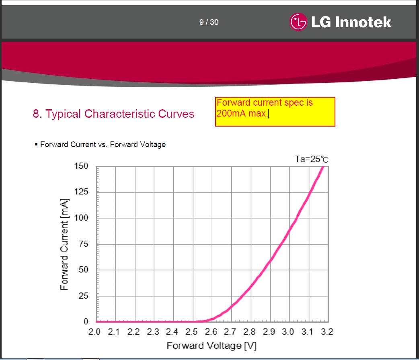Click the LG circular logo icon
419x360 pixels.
click(298, 22)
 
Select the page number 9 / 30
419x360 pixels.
click(209, 22)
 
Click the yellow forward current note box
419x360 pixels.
click(275, 112)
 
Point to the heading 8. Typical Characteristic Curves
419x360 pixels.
click(113, 114)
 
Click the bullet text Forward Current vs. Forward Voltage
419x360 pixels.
click(103, 145)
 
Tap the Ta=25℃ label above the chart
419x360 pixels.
click(312, 159)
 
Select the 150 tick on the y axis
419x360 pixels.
click(81, 166)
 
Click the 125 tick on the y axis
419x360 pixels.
click(81, 192)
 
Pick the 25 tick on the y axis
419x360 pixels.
click(83, 296)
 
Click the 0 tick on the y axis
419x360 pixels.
click(86, 321)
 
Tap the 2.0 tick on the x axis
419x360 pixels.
click(95, 332)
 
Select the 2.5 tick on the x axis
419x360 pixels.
click(192, 332)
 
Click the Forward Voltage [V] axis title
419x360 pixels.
click(212, 346)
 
